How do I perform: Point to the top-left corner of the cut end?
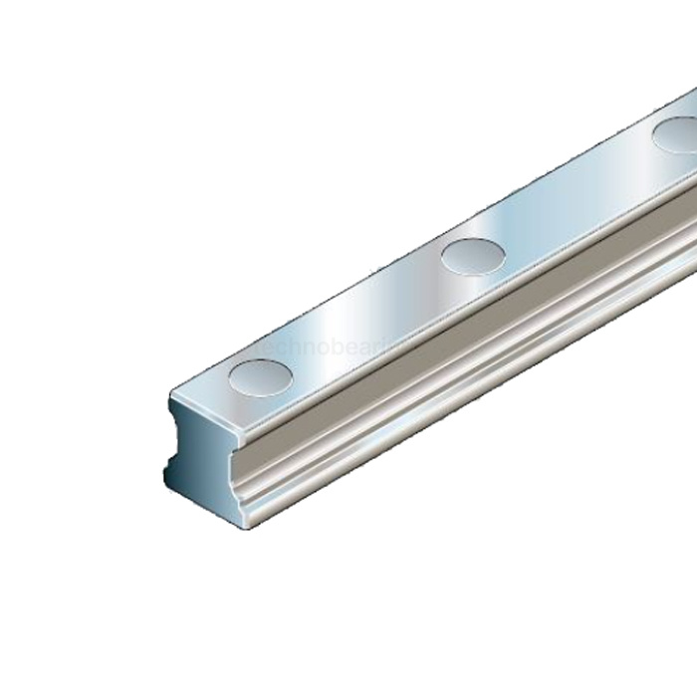pos(171,398)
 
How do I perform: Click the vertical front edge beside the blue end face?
pos(245,478)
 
